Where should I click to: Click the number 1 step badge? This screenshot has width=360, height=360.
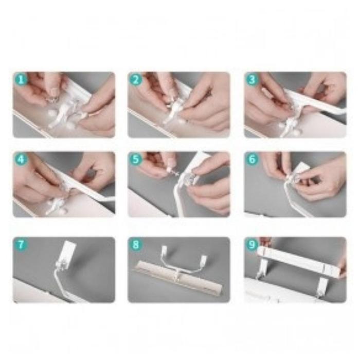(x=21, y=79)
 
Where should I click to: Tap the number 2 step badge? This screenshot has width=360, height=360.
(x=136, y=79)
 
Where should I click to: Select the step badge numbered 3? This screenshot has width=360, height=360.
(x=252, y=79)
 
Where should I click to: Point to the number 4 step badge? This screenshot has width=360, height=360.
(x=21, y=159)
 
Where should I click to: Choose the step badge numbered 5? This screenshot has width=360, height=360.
(x=136, y=159)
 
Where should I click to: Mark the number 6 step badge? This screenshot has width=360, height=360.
(x=252, y=159)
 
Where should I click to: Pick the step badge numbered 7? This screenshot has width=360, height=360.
(x=21, y=244)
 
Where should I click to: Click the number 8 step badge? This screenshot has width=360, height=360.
(x=136, y=244)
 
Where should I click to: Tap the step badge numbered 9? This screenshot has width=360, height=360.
(x=252, y=244)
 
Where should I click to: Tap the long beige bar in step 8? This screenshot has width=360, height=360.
(x=178, y=277)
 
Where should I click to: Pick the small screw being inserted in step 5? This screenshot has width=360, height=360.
(x=173, y=171)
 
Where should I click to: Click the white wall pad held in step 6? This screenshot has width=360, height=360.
(x=303, y=169)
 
